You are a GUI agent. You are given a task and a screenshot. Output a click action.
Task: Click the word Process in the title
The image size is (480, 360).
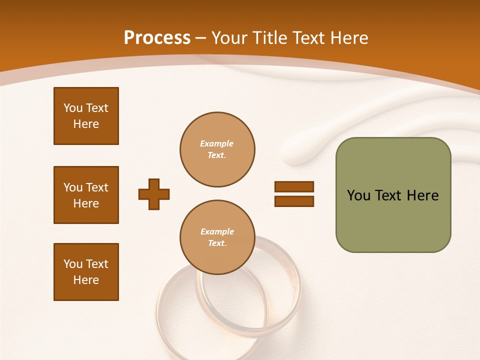[157, 38]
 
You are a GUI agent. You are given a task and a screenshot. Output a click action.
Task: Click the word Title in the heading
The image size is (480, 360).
[268, 38]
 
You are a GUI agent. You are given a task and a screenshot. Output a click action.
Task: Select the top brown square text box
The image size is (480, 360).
[86, 116]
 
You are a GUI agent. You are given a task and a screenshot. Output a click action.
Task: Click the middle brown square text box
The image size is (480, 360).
[86, 195]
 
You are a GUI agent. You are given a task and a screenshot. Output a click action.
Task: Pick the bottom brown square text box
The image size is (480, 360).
[86, 272]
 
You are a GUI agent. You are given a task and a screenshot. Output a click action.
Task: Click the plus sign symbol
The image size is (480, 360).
[154, 194]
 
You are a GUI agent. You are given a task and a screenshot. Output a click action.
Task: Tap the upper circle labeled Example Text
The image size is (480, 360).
[217, 149]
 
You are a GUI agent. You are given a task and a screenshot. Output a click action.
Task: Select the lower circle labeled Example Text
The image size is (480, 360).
[217, 237]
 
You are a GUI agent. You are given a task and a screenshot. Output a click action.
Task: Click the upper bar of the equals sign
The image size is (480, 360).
[294, 186]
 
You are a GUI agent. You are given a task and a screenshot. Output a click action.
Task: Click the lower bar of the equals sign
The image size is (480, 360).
[294, 201]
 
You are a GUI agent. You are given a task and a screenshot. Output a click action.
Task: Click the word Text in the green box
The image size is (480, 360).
[389, 195]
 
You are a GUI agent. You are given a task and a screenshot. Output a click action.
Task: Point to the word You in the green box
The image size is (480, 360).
[358, 195]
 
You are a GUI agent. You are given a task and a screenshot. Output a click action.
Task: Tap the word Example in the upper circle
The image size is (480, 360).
[217, 143]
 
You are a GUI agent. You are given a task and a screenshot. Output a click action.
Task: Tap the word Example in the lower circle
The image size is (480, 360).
[217, 231]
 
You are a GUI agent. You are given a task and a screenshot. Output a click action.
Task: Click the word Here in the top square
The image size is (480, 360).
[86, 124]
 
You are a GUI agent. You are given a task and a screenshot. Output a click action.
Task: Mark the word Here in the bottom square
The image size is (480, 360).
[86, 280]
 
